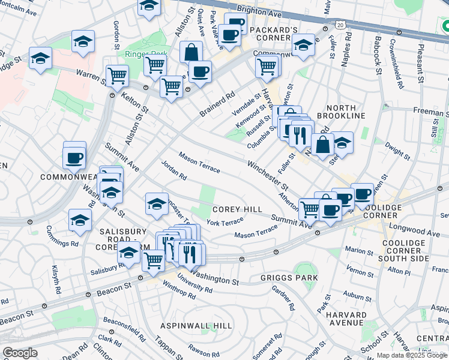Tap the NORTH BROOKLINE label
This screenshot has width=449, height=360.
click(337, 110)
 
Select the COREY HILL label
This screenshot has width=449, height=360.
click(237, 209)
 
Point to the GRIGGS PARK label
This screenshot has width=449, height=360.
click(281, 278)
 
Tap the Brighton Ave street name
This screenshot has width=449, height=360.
click(259, 10)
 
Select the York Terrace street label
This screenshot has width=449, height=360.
click(224, 222)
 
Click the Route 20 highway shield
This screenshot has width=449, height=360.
click(340, 25)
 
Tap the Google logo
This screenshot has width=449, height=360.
click(20, 353)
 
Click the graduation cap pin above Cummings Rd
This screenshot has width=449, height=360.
click(80, 220)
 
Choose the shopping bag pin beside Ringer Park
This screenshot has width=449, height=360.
click(190, 53)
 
